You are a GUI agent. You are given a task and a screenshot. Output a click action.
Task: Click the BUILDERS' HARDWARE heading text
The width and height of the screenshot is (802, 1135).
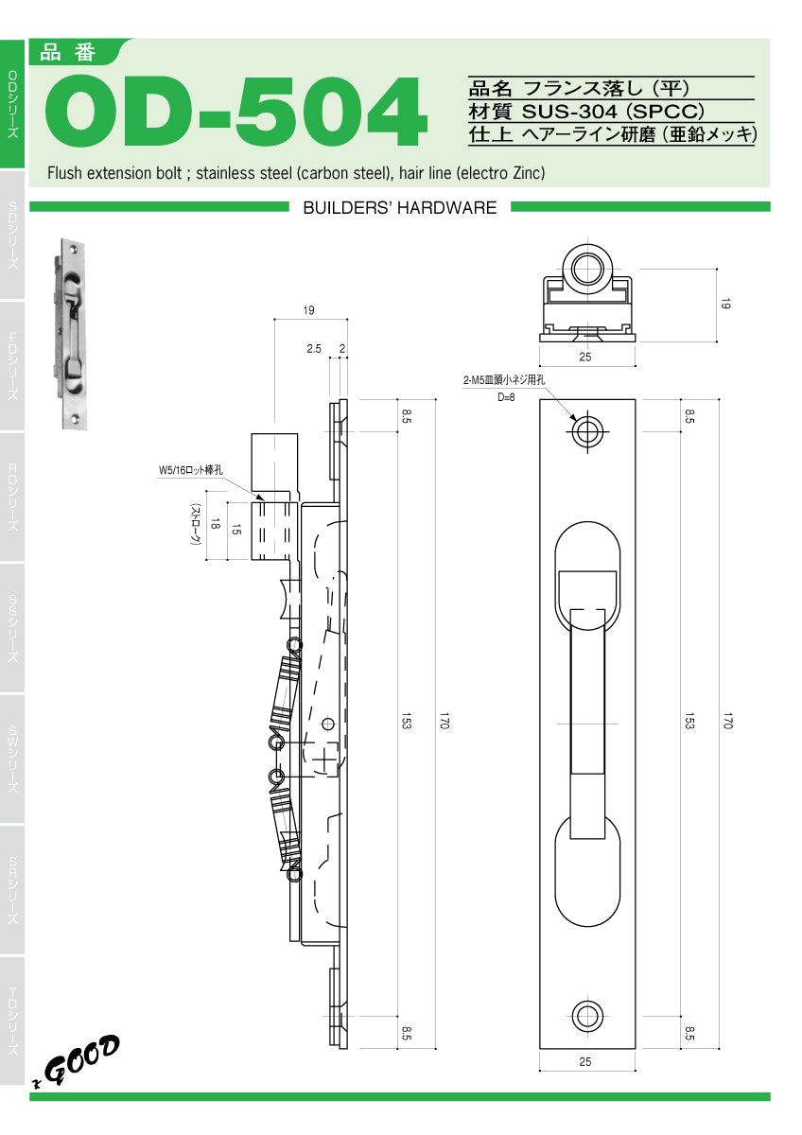tap(399, 208)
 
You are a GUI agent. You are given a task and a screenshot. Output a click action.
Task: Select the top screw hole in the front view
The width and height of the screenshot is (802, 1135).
tap(586, 432)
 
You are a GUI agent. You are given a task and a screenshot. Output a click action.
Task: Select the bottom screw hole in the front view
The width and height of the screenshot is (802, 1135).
tap(586, 1017)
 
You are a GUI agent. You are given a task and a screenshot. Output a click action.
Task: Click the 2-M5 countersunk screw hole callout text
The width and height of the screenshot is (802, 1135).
tap(504, 380)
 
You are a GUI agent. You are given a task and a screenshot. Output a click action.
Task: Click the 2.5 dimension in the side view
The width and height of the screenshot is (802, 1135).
tap(314, 349)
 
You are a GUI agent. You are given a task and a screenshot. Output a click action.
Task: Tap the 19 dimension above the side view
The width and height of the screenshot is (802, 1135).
tap(309, 310)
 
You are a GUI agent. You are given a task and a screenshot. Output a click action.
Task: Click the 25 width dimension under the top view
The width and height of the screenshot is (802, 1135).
tap(584, 357)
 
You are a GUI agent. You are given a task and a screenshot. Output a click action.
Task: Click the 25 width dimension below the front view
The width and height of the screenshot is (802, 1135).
tap(584, 1062)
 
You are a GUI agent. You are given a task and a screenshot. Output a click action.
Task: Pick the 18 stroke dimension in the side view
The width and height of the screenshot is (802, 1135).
tap(216, 527)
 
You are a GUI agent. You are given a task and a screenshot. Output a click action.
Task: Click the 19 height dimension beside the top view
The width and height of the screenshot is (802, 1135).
tap(725, 305)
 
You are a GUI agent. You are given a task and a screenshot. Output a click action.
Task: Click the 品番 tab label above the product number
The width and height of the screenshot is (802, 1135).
tap(69, 53)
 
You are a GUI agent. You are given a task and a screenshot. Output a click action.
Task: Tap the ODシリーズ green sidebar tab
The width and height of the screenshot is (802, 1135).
tap(12, 104)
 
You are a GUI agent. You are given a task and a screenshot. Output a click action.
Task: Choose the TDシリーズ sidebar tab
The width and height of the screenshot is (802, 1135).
tap(12, 1021)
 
